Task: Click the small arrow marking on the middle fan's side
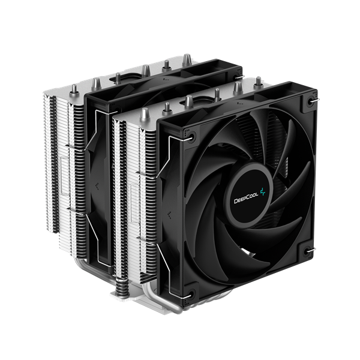(95, 178)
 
